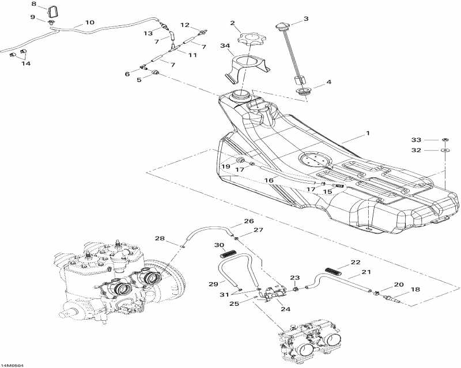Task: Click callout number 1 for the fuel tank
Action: (x=367, y=134)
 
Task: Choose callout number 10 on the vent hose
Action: (x=90, y=23)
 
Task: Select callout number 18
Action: (x=415, y=290)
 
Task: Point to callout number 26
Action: (x=248, y=221)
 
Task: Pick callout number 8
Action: (x=33, y=5)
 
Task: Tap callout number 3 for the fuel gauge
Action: (x=306, y=18)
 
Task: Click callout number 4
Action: (x=328, y=82)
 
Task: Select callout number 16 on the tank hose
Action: (x=269, y=180)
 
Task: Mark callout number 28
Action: (x=160, y=238)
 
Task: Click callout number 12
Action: (x=185, y=25)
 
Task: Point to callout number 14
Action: (x=26, y=63)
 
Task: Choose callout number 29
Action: (x=213, y=284)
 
